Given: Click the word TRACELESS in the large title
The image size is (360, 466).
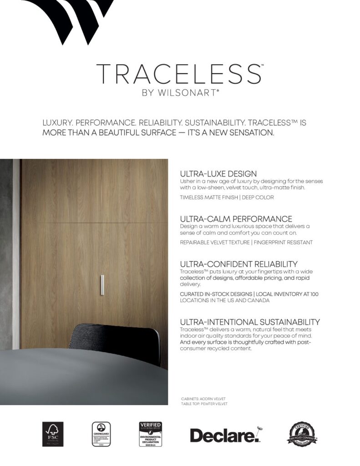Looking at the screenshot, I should [179, 74].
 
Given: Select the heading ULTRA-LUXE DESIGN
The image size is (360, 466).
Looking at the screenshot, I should [218, 174].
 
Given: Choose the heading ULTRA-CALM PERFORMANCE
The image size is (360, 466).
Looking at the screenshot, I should [236, 219].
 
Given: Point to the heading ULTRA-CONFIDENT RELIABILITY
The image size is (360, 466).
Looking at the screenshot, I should [238, 264].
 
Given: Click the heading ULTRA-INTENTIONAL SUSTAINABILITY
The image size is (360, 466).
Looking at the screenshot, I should [250, 322].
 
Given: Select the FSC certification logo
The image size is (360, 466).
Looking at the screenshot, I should [53, 434].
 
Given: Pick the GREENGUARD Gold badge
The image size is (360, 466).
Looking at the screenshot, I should [101, 434].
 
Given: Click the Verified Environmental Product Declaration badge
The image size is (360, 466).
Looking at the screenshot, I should [151, 434].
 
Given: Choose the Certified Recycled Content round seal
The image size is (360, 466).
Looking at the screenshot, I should [302, 434].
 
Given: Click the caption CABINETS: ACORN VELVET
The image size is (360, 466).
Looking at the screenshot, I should [203, 399].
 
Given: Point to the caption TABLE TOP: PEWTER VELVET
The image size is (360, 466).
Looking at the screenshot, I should [204, 404].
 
